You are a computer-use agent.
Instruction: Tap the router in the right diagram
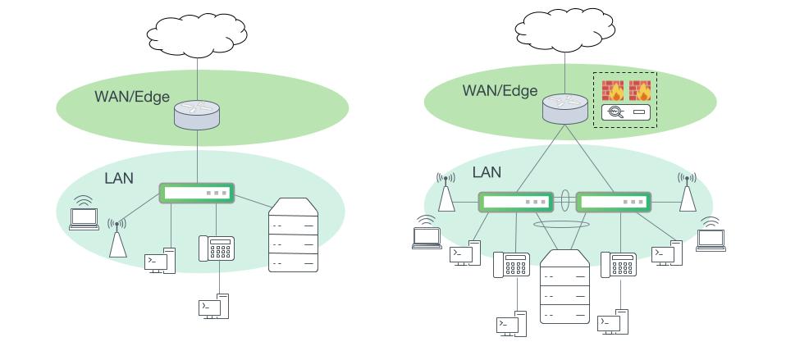coord(564,107)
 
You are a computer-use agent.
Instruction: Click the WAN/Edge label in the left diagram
coord(131,97)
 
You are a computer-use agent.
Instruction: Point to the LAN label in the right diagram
coord(487,173)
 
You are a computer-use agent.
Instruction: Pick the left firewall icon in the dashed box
coord(612,90)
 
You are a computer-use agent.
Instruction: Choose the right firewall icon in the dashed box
coord(639,90)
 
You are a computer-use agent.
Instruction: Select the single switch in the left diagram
coord(198,194)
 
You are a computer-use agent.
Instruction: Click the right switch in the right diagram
coord(613,201)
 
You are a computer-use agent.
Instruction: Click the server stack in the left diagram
coord(293,235)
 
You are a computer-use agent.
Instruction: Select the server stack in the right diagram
coord(564,286)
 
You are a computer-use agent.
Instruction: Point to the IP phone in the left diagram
coord(217,248)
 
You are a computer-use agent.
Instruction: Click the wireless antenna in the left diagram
coord(118,239)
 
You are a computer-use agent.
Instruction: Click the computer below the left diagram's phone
coord(214,306)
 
